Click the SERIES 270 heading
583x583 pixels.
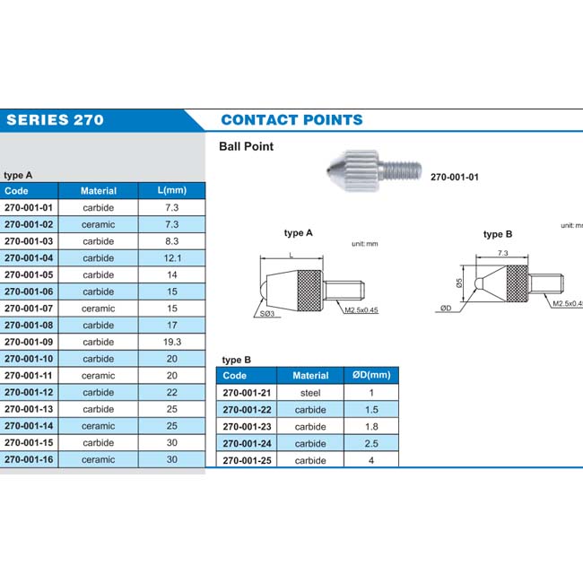[x=55, y=119]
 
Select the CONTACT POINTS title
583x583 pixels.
[x=291, y=119]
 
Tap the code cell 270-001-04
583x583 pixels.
[x=29, y=257]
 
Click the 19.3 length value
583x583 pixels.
[x=172, y=342]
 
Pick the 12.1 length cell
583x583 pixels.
[x=172, y=257]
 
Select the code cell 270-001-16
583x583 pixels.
[x=29, y=459]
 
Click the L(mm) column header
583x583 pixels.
[x=172, y=190]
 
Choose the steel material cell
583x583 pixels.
[x=310, y=393]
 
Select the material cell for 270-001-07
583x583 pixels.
[x=99, y=308]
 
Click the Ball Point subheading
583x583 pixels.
[x=247, y=146]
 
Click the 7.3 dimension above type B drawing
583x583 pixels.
[x=502, y=254]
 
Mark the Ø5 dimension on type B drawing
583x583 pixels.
[x=459, y=284]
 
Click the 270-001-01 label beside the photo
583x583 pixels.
[x=455, y=177]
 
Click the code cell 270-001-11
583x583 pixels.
[x=29, y=376]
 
